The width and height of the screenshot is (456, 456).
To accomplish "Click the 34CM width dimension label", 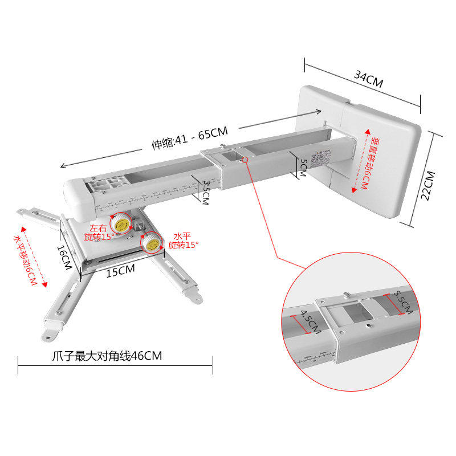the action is [x=369, y=79].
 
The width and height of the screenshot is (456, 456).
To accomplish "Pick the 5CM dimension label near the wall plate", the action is [x=303, y=167].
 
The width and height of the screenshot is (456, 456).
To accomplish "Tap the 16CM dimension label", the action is [x=64, y=258].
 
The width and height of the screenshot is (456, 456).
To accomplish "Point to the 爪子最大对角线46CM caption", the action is [x=107, y=357].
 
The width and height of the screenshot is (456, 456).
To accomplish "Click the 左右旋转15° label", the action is [x=99, y=232].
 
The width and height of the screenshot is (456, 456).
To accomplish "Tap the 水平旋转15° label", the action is [x=183, y=240].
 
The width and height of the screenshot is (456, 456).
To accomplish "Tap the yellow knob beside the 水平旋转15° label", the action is [x=152, y=242].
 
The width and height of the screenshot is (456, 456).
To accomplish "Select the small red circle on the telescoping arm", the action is [x=245, y=160].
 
